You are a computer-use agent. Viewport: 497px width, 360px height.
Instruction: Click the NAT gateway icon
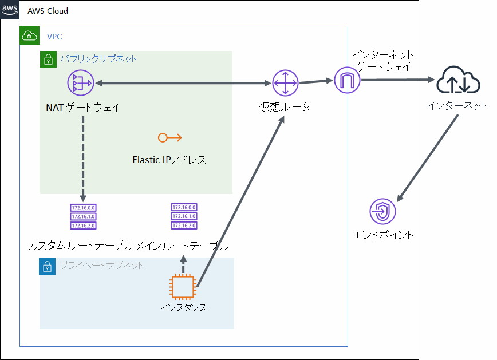click(x=80, y=84)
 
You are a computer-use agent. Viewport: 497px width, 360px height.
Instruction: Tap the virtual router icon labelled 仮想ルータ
click(x=285, y=84)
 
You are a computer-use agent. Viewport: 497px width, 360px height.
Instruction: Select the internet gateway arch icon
click(x=347, y=81)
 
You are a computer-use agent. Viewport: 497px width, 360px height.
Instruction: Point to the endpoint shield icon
click(x=383, y=212)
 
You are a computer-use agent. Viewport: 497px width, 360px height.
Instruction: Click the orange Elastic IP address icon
click(x=169, y=137)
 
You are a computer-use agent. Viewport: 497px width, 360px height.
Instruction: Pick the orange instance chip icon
click(x=184, y=288)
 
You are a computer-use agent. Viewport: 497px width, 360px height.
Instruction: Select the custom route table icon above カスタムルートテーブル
click(x=83, y=216)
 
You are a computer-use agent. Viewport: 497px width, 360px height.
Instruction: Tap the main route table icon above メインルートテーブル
click(x=183, y=216)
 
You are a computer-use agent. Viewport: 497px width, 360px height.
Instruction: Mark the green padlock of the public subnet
click(x=49, y=59)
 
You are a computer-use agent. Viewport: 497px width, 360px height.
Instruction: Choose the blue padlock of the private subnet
click(x=48, y=266)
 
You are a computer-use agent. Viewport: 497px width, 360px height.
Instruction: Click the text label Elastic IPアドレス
click(x=169, y=160)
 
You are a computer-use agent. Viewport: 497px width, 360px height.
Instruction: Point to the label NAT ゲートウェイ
click(x=83, y=107)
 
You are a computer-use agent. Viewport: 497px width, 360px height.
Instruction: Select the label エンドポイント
click(x=383, y=235)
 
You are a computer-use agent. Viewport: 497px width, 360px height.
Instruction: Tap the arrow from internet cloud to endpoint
click(x=428, y=157)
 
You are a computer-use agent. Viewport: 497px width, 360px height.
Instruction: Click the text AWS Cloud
click(x=48, y=11)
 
